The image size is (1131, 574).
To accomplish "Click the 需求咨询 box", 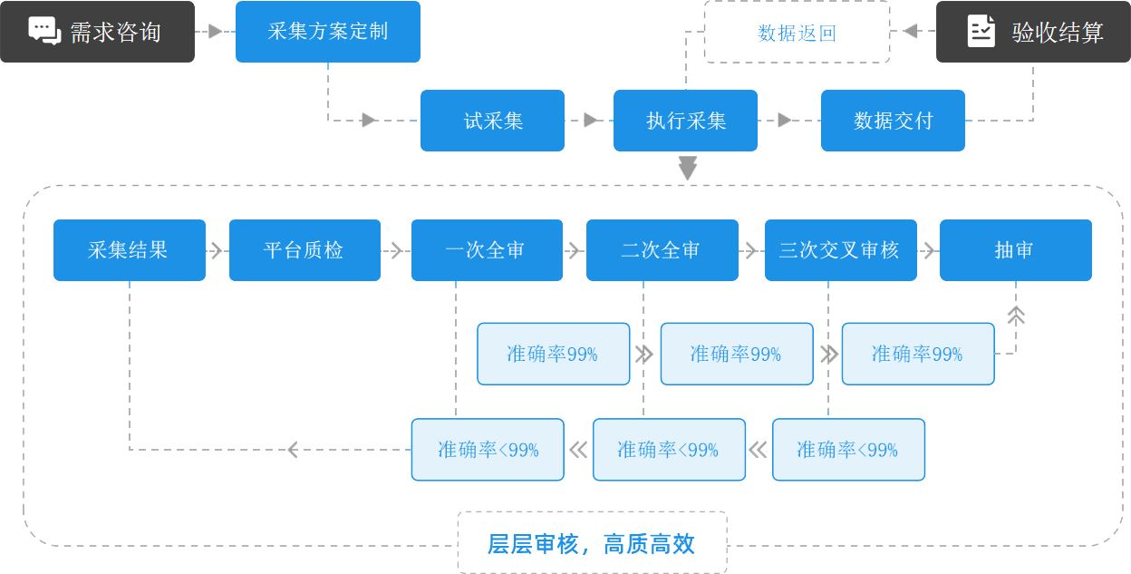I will (97, 32).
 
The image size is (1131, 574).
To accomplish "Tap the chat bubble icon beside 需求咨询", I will (44, 30).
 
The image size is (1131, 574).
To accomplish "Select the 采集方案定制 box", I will (328, 32).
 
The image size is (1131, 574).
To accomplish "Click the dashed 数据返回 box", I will (797, 33).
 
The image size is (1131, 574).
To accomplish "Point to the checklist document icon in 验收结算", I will (981, 31).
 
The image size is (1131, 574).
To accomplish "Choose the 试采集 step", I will (492, 121).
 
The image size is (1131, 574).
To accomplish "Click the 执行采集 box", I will (685, 121).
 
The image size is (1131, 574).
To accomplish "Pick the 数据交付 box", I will (893, 121).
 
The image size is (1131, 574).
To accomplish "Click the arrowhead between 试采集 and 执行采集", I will (591, 120).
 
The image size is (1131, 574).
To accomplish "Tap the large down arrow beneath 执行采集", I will (688, 169).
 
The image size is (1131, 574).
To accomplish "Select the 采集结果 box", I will (130, 250).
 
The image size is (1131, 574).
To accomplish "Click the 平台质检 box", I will (304, 250).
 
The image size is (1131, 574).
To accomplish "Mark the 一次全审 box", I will (487, 250).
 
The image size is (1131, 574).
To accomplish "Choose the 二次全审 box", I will (662, 250).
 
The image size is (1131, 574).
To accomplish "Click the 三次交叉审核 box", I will (840, 250).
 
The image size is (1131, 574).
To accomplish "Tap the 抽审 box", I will (1015, 250).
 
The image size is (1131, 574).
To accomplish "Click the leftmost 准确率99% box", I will (553, 354).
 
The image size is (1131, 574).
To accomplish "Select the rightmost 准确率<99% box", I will (848, 450).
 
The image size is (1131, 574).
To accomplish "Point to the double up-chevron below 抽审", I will (1016, 315).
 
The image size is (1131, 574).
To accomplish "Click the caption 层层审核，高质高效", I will (592, 543).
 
